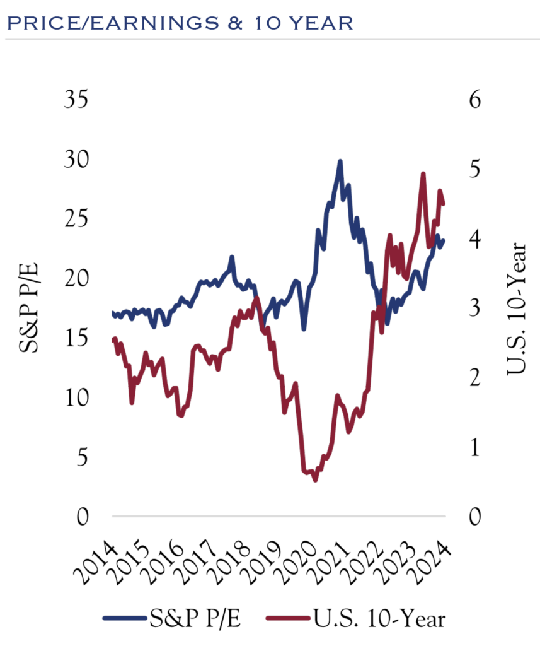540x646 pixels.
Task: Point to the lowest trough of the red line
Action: click(x=315, y=480)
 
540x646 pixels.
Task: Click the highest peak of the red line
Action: click(x=423, y=173)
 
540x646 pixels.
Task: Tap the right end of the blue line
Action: click(x=444, y=240)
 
